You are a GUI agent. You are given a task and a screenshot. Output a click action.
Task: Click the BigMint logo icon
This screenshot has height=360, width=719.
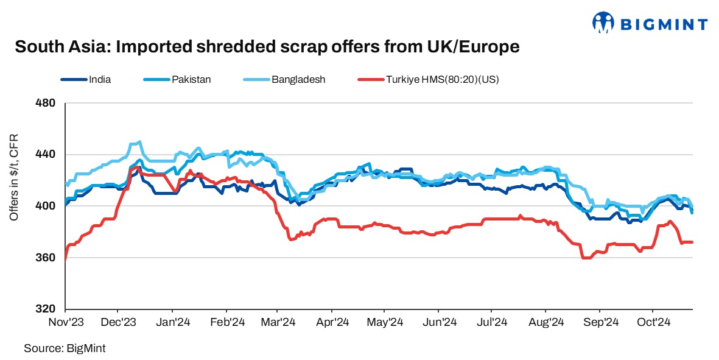(604, 23)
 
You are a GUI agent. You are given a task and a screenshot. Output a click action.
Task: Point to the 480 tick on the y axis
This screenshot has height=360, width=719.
(47, 103)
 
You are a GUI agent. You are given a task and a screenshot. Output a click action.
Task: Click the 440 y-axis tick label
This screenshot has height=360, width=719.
(47, 155)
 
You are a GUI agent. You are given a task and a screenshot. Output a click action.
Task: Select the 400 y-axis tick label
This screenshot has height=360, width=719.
(47, 206)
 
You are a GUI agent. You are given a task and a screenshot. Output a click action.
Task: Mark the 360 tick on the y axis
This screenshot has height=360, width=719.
(47, 258)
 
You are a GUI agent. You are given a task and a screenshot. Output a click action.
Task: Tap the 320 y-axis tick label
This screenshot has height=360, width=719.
(47, 309)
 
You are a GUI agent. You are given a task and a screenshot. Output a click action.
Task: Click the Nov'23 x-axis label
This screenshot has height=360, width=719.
(65, 322)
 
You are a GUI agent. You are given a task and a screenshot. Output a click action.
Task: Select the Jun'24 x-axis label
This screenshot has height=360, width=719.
(440, 322)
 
